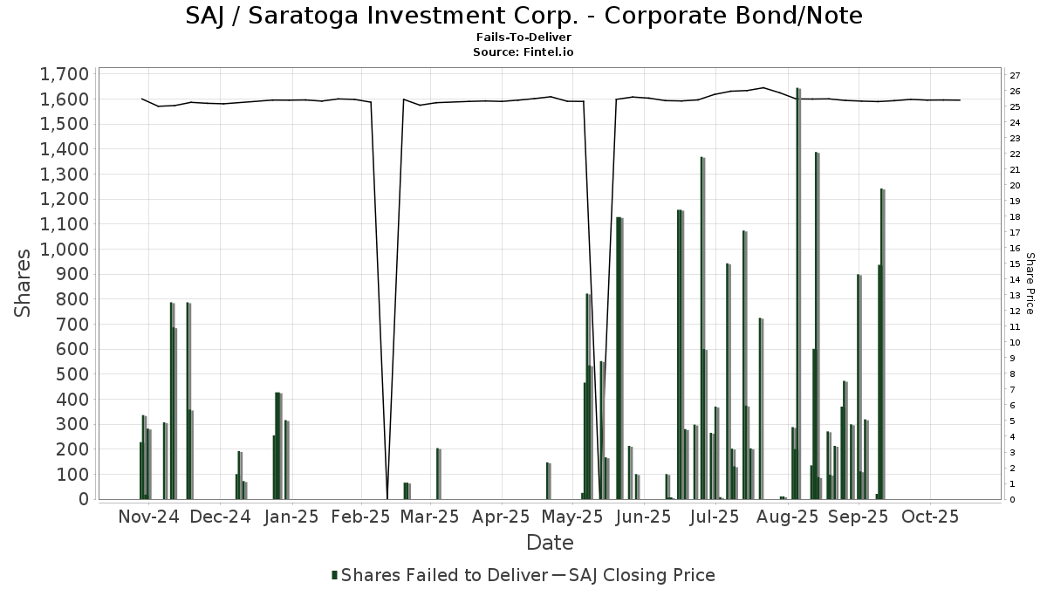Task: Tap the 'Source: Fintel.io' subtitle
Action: pyautogui.click(x=523, y=51)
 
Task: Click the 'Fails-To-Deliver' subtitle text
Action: pyautogui.click(x=523, y=37)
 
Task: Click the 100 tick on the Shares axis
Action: pyautogui.click(x=72, y=474)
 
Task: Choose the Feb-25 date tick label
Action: pyautogui.click(x=359, y=517)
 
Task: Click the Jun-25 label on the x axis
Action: pyautogui.click(x=643, y=517)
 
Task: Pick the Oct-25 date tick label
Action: pyautogui.click(x=931, y=517)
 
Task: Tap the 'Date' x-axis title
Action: pyautogui.click(x=550, y=543)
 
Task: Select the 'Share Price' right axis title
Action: pyautogui.click(x=1030, y=284)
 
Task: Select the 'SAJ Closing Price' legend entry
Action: pyautogui.click(x=641, y=575)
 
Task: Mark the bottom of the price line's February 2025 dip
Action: pyautogui.click(x=387, y=497)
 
